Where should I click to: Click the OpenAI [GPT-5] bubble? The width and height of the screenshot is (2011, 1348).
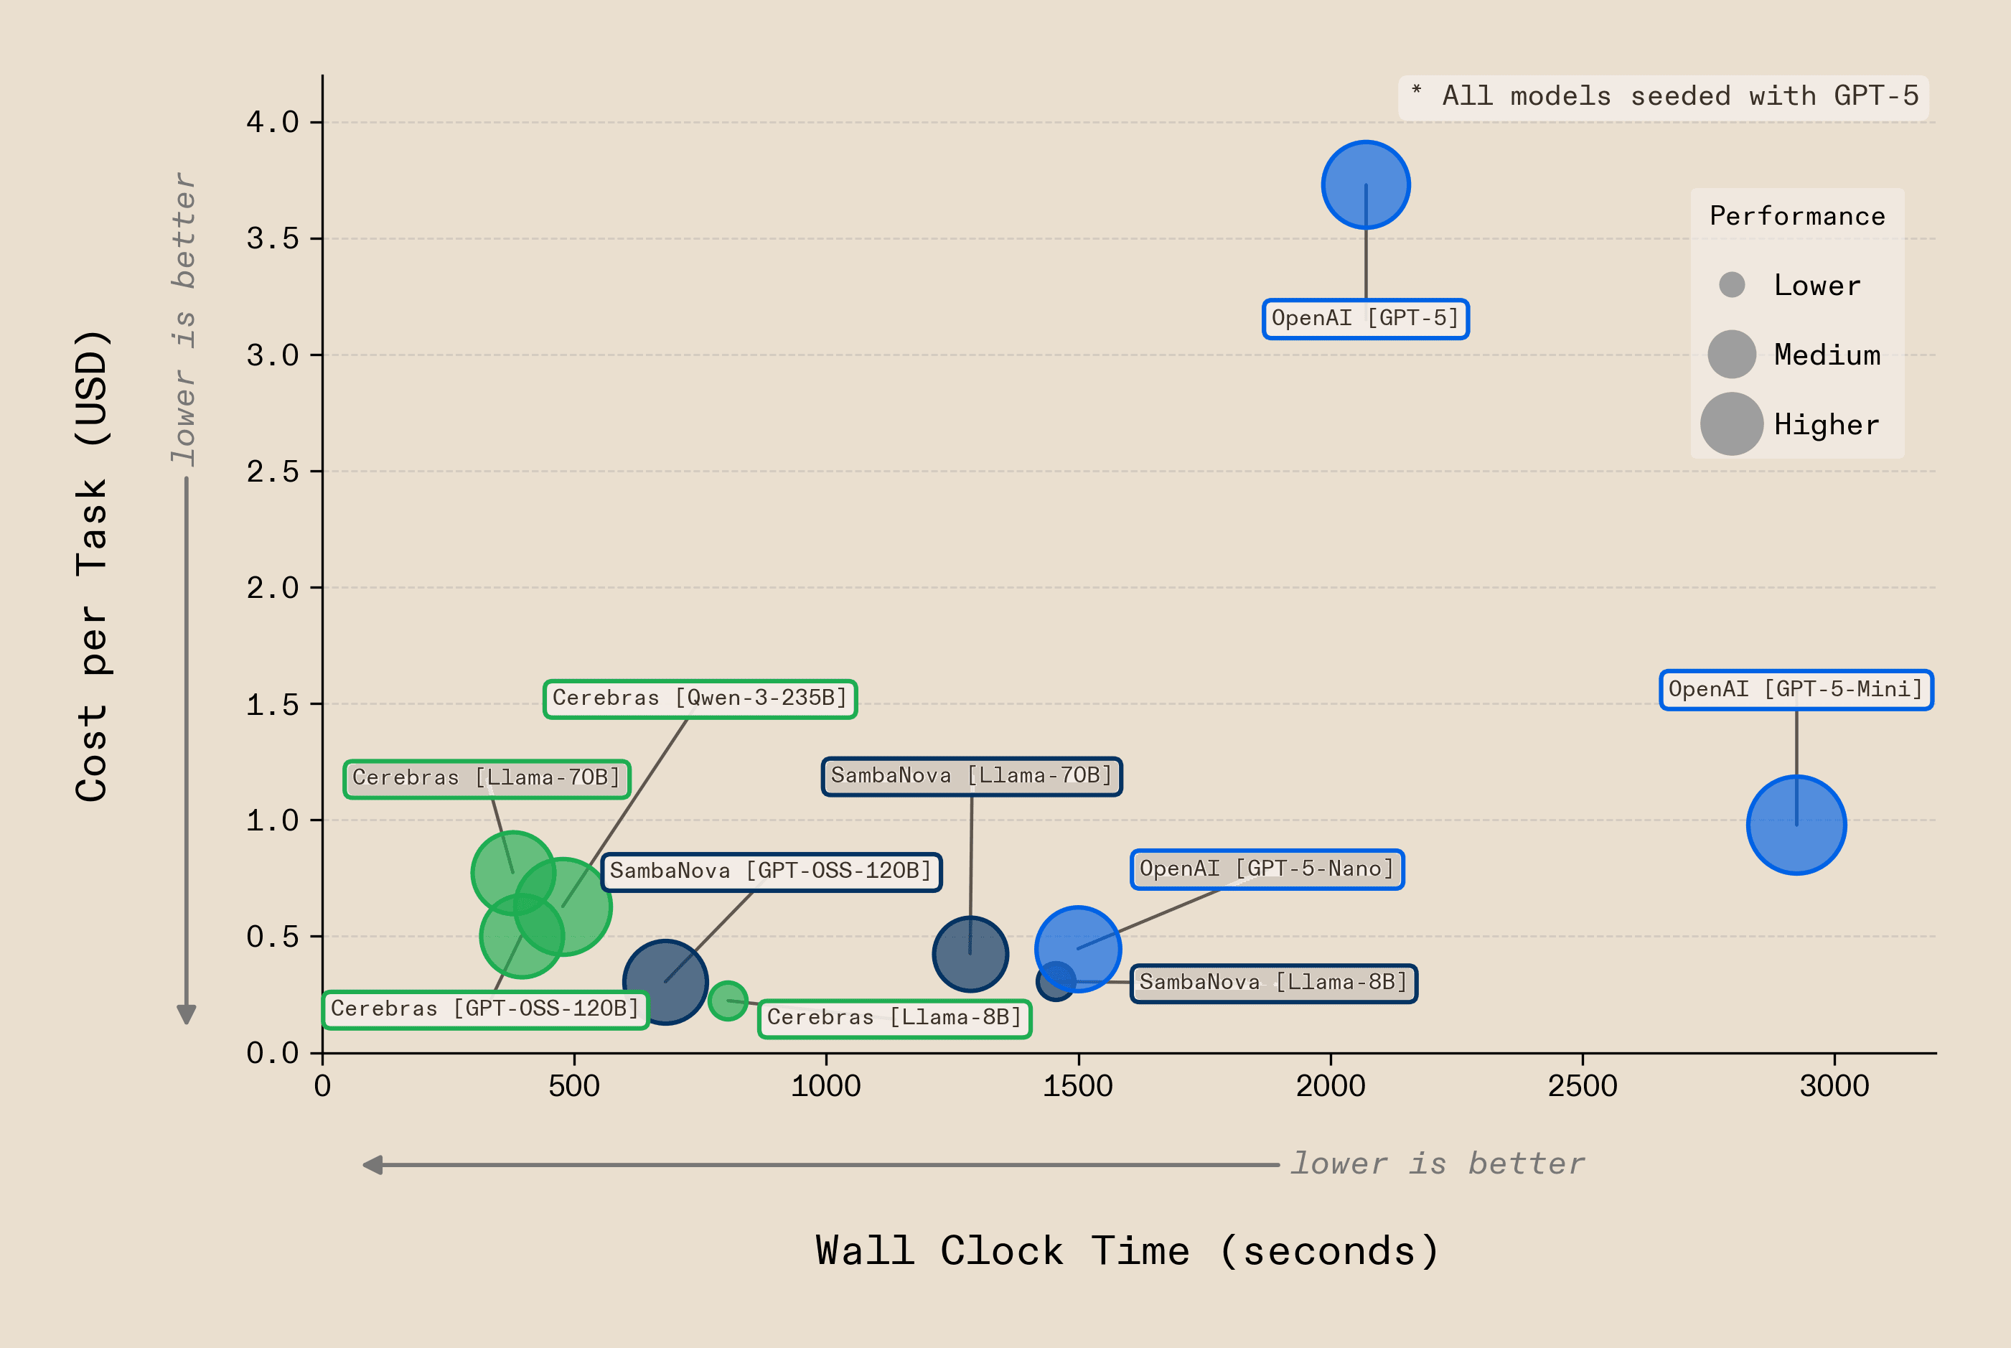pos(1366,185)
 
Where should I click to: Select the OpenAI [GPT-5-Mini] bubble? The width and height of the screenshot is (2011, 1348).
pos(1796,825)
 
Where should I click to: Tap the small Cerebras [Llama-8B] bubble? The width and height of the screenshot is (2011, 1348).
pos(728,1001)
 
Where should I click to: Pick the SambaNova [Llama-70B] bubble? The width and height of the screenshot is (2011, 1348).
pos(970,953)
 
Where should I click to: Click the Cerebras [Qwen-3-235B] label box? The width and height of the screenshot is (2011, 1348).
pos(700,698)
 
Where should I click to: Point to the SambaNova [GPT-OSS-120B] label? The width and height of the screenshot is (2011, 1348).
pos(771,871)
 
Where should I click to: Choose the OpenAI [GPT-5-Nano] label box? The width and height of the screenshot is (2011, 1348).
pos(1267,869)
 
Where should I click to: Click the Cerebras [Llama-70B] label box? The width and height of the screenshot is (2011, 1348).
pos(487,778)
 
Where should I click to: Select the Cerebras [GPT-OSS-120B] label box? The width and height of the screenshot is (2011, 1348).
pos(486,1008)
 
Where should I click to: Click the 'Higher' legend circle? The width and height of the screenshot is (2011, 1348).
pos(1732,423)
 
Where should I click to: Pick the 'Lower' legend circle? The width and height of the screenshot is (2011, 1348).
pos(1732,284)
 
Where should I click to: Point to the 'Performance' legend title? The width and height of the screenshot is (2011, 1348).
pos(1797,216)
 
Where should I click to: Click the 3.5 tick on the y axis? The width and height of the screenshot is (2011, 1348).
pos(273,239)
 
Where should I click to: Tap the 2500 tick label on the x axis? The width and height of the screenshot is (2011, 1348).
pos(1582,1086)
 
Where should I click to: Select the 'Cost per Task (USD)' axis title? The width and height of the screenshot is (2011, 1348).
pos(93,566)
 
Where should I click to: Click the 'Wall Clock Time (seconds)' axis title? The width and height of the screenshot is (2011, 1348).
pos(1127,1251)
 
